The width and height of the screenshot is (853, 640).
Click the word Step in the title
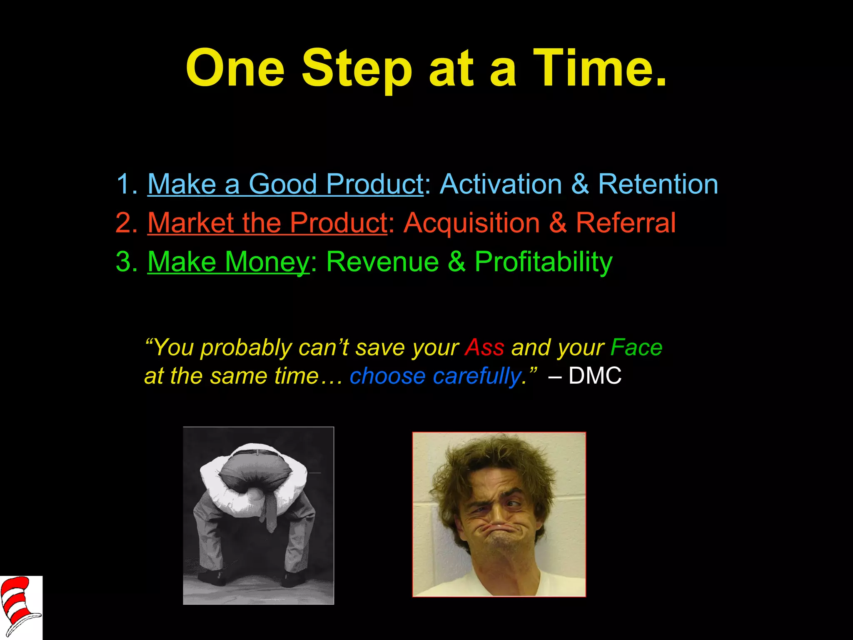(357, 69)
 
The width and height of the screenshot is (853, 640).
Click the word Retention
(658, 184)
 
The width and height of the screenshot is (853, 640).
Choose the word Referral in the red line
(626, 222)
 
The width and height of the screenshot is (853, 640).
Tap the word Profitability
(544, 262)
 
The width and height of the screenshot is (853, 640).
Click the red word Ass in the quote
(484, 347)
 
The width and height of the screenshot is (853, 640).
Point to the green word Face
(636, 347)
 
